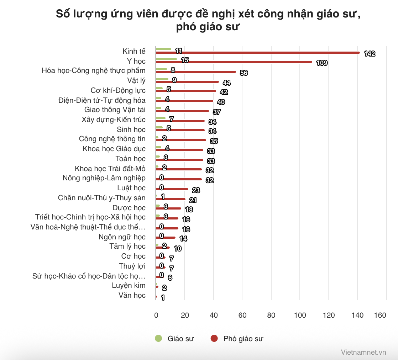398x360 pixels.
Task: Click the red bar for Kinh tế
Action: (x=258, y=53)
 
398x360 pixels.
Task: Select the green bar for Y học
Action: (x=166, y=59)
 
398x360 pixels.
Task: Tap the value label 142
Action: (x=370, y=54)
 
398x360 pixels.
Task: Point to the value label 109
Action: (x=322, y=63)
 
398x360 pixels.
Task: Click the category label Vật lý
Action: (x=136, y=80)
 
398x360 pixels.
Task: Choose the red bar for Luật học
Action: (x=172, y=189)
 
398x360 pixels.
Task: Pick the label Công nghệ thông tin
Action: (x=112, y=139)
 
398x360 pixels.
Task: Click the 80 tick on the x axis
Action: (x=271, y=315)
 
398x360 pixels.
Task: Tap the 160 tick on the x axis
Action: (x=380, y=315)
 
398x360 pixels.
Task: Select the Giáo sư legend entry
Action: (x=174, y=339)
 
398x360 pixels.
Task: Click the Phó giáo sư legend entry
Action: (x=237, y=339)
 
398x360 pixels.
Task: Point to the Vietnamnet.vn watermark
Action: (x=363, y=352)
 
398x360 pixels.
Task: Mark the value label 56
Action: (x=243, y=73)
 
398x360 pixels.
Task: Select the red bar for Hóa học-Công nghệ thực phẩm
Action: (x=196, y=72)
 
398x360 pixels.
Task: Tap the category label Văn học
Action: (x=132, y=295)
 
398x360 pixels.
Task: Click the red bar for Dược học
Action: (x=168, y=208)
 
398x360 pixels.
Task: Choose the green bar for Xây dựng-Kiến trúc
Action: (x=161, y=118)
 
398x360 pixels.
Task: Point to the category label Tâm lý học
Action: (x=127, y=246)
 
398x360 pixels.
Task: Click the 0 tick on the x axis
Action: (x=156, y=315)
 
